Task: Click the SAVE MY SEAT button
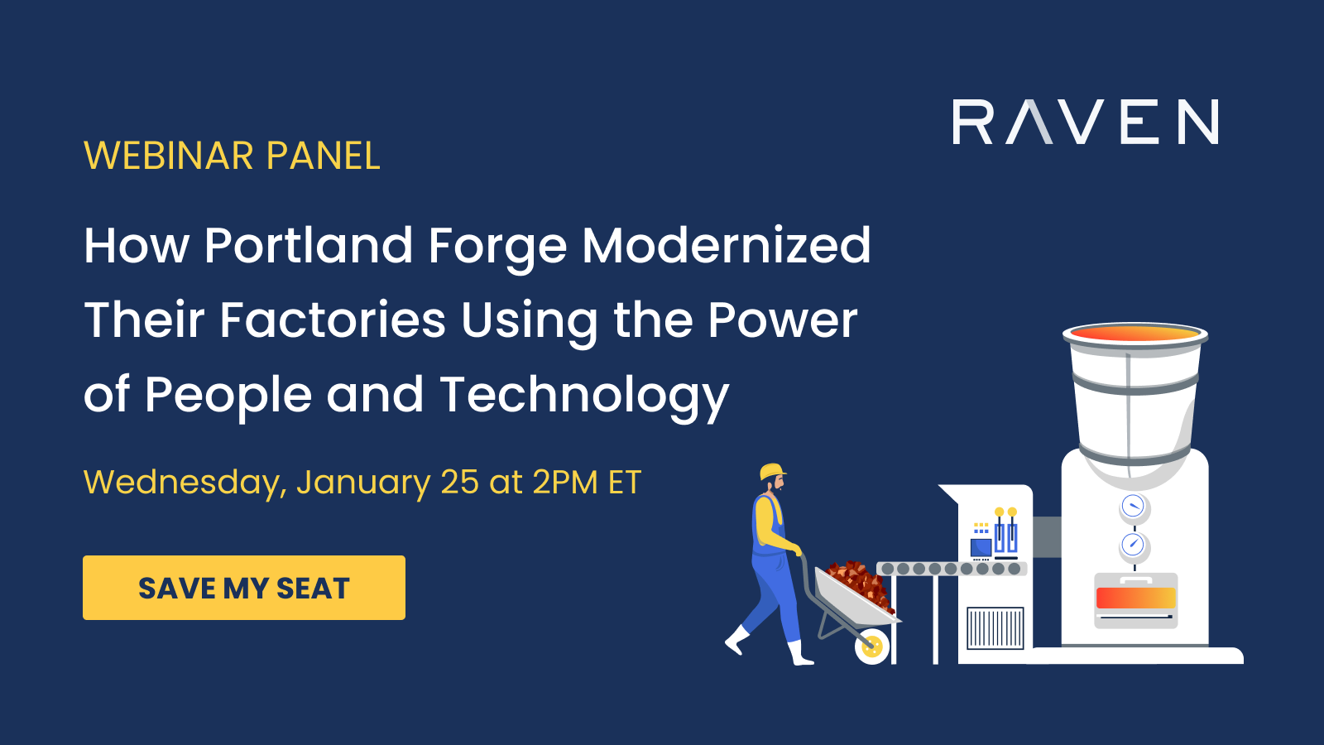[x=244, y=588]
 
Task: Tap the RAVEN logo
[x=1085, y=123]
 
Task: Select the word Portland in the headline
[x=308, y=246]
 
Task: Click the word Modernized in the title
[x=726, y=246]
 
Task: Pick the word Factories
[x=333, y=320]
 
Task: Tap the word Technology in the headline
[x=584, y=396]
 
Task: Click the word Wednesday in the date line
[x=184, y=483]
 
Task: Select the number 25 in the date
[x=459, y=483]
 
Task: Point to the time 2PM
[x=564, y=483]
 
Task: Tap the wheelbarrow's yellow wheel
[x=872, y=646]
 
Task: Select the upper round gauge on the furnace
[x=1133, y=506]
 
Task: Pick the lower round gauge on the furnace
[x=1133, y=545]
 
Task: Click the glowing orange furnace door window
[x=1135, y=598]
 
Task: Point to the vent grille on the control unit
[x=995, y=628]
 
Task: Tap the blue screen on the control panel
[x=981, y=547]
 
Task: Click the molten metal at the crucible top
[x=1135, y=334]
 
